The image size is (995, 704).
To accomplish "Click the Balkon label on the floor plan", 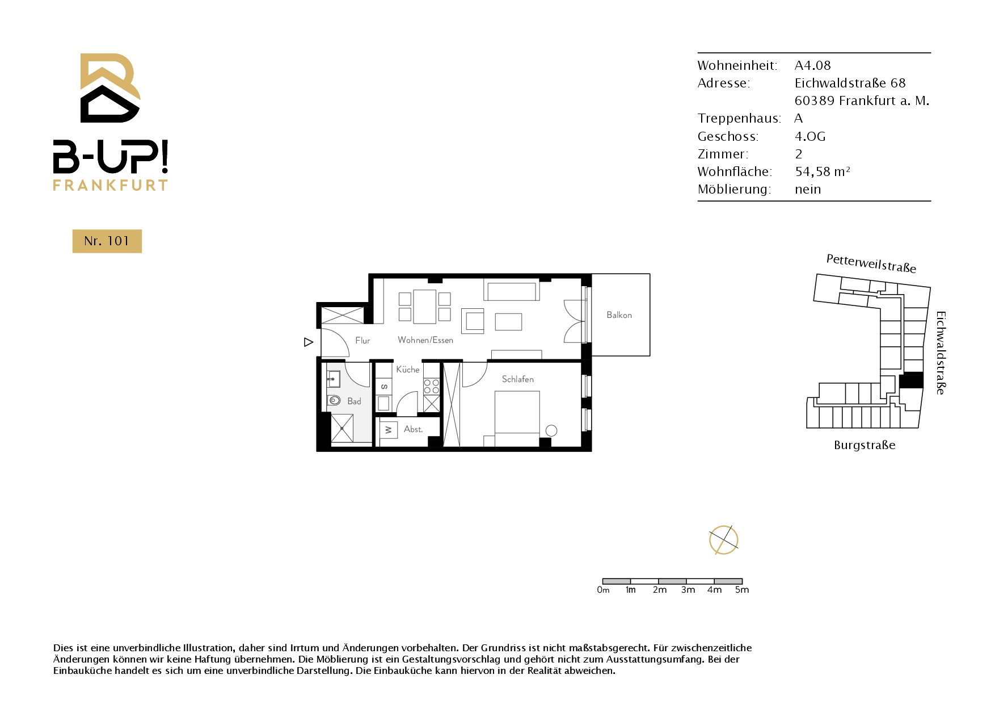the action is pyautogui.click(x=619, y=315).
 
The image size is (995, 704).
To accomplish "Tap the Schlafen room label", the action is pyautogui.click(x=517, y=379).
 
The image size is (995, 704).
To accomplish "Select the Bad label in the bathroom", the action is pyautogui.click(x=354, y=401).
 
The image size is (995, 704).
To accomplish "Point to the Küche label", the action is pyautogui.click(x=408, y=370).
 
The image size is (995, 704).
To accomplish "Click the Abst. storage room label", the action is pyautogui.click(x=413, y=429).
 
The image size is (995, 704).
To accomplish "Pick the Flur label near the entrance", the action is pyautogui.click(x=362, y=341).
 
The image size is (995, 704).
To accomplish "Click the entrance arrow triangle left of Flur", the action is pyautogui.click(x=309, y=342).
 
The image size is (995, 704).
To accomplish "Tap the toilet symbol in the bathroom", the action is pyautogui.click(x=334, y=400).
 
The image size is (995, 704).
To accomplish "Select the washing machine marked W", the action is pyautogui.click(x=388, y=430).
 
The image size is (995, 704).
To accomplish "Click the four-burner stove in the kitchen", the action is pyautogui.click(x=431, y=387).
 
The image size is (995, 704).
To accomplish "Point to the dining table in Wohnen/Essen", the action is pyautogui.click(x=424, y=307).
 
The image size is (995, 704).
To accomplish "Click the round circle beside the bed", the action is pyautogui.click(x=551, y=431).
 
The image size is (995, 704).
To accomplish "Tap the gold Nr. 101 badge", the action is pyautogui.click(x=107, y=241).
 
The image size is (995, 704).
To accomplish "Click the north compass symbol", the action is pyautogui.click(x=723, y=540).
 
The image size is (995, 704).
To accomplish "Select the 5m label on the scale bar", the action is pyautogui.click(x=742, y=590).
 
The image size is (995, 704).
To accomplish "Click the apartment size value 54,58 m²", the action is pyautogui.click(x=822, y=171).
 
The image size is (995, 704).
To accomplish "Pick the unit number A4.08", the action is pyautogui.click(x=812, y=65).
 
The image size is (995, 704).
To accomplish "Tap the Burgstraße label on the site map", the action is pyautogui.click(x=865, y=445).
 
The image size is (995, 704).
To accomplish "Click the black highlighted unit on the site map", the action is pyautogui.click(x=912, y=380).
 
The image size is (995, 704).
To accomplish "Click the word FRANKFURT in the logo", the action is pyautogui.click(x=111, y=185).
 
